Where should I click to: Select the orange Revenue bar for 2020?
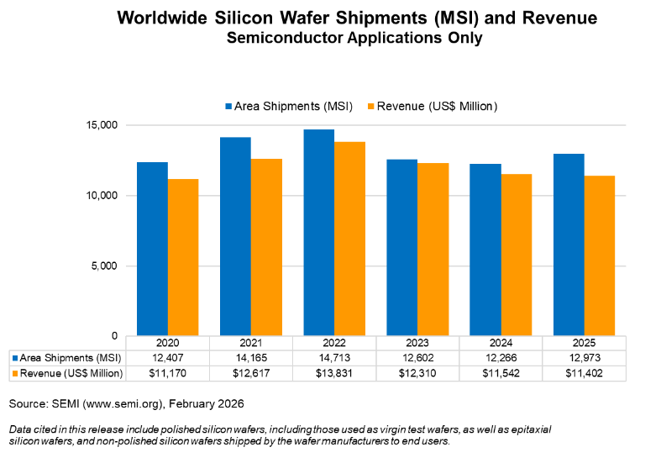(x=183, y=257)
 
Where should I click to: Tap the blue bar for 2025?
(x=569, y=245)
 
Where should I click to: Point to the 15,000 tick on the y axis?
(x=104, y=125)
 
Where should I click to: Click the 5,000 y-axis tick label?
(x=107, y=266)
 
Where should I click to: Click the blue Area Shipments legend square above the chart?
(x=228, y=107)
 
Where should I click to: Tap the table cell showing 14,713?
(x=334, y=358)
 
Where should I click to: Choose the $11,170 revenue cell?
(x=167, y=372)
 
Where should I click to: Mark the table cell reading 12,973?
(x=584, y=358)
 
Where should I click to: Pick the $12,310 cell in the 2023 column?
(x=417, y=372)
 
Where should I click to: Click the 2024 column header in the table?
(x=501, y=344)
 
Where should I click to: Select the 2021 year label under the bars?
(x=250, y=344)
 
